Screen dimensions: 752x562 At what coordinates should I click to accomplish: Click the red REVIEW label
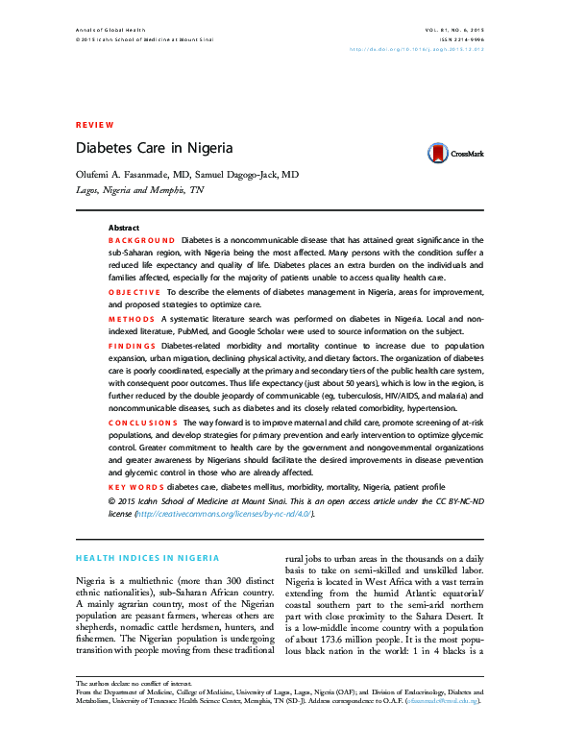click(x=94, y=125)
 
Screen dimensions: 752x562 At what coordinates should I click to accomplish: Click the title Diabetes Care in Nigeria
click(x=154, y=149)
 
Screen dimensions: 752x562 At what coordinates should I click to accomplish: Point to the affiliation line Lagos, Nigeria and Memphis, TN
click(x=139, y=190)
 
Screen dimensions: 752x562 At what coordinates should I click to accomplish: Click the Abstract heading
click(x=124, y=228)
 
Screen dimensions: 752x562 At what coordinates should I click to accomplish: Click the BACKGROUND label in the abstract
click(x=141, y=239)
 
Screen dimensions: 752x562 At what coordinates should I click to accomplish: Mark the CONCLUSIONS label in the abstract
click(x=142, y=422)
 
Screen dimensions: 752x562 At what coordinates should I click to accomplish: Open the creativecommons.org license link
click(x=224, y=513)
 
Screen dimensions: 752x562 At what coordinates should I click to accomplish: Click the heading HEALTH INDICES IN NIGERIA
click(x=147, y=558)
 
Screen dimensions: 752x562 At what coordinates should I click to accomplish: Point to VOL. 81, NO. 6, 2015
click(x=454, y=31)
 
